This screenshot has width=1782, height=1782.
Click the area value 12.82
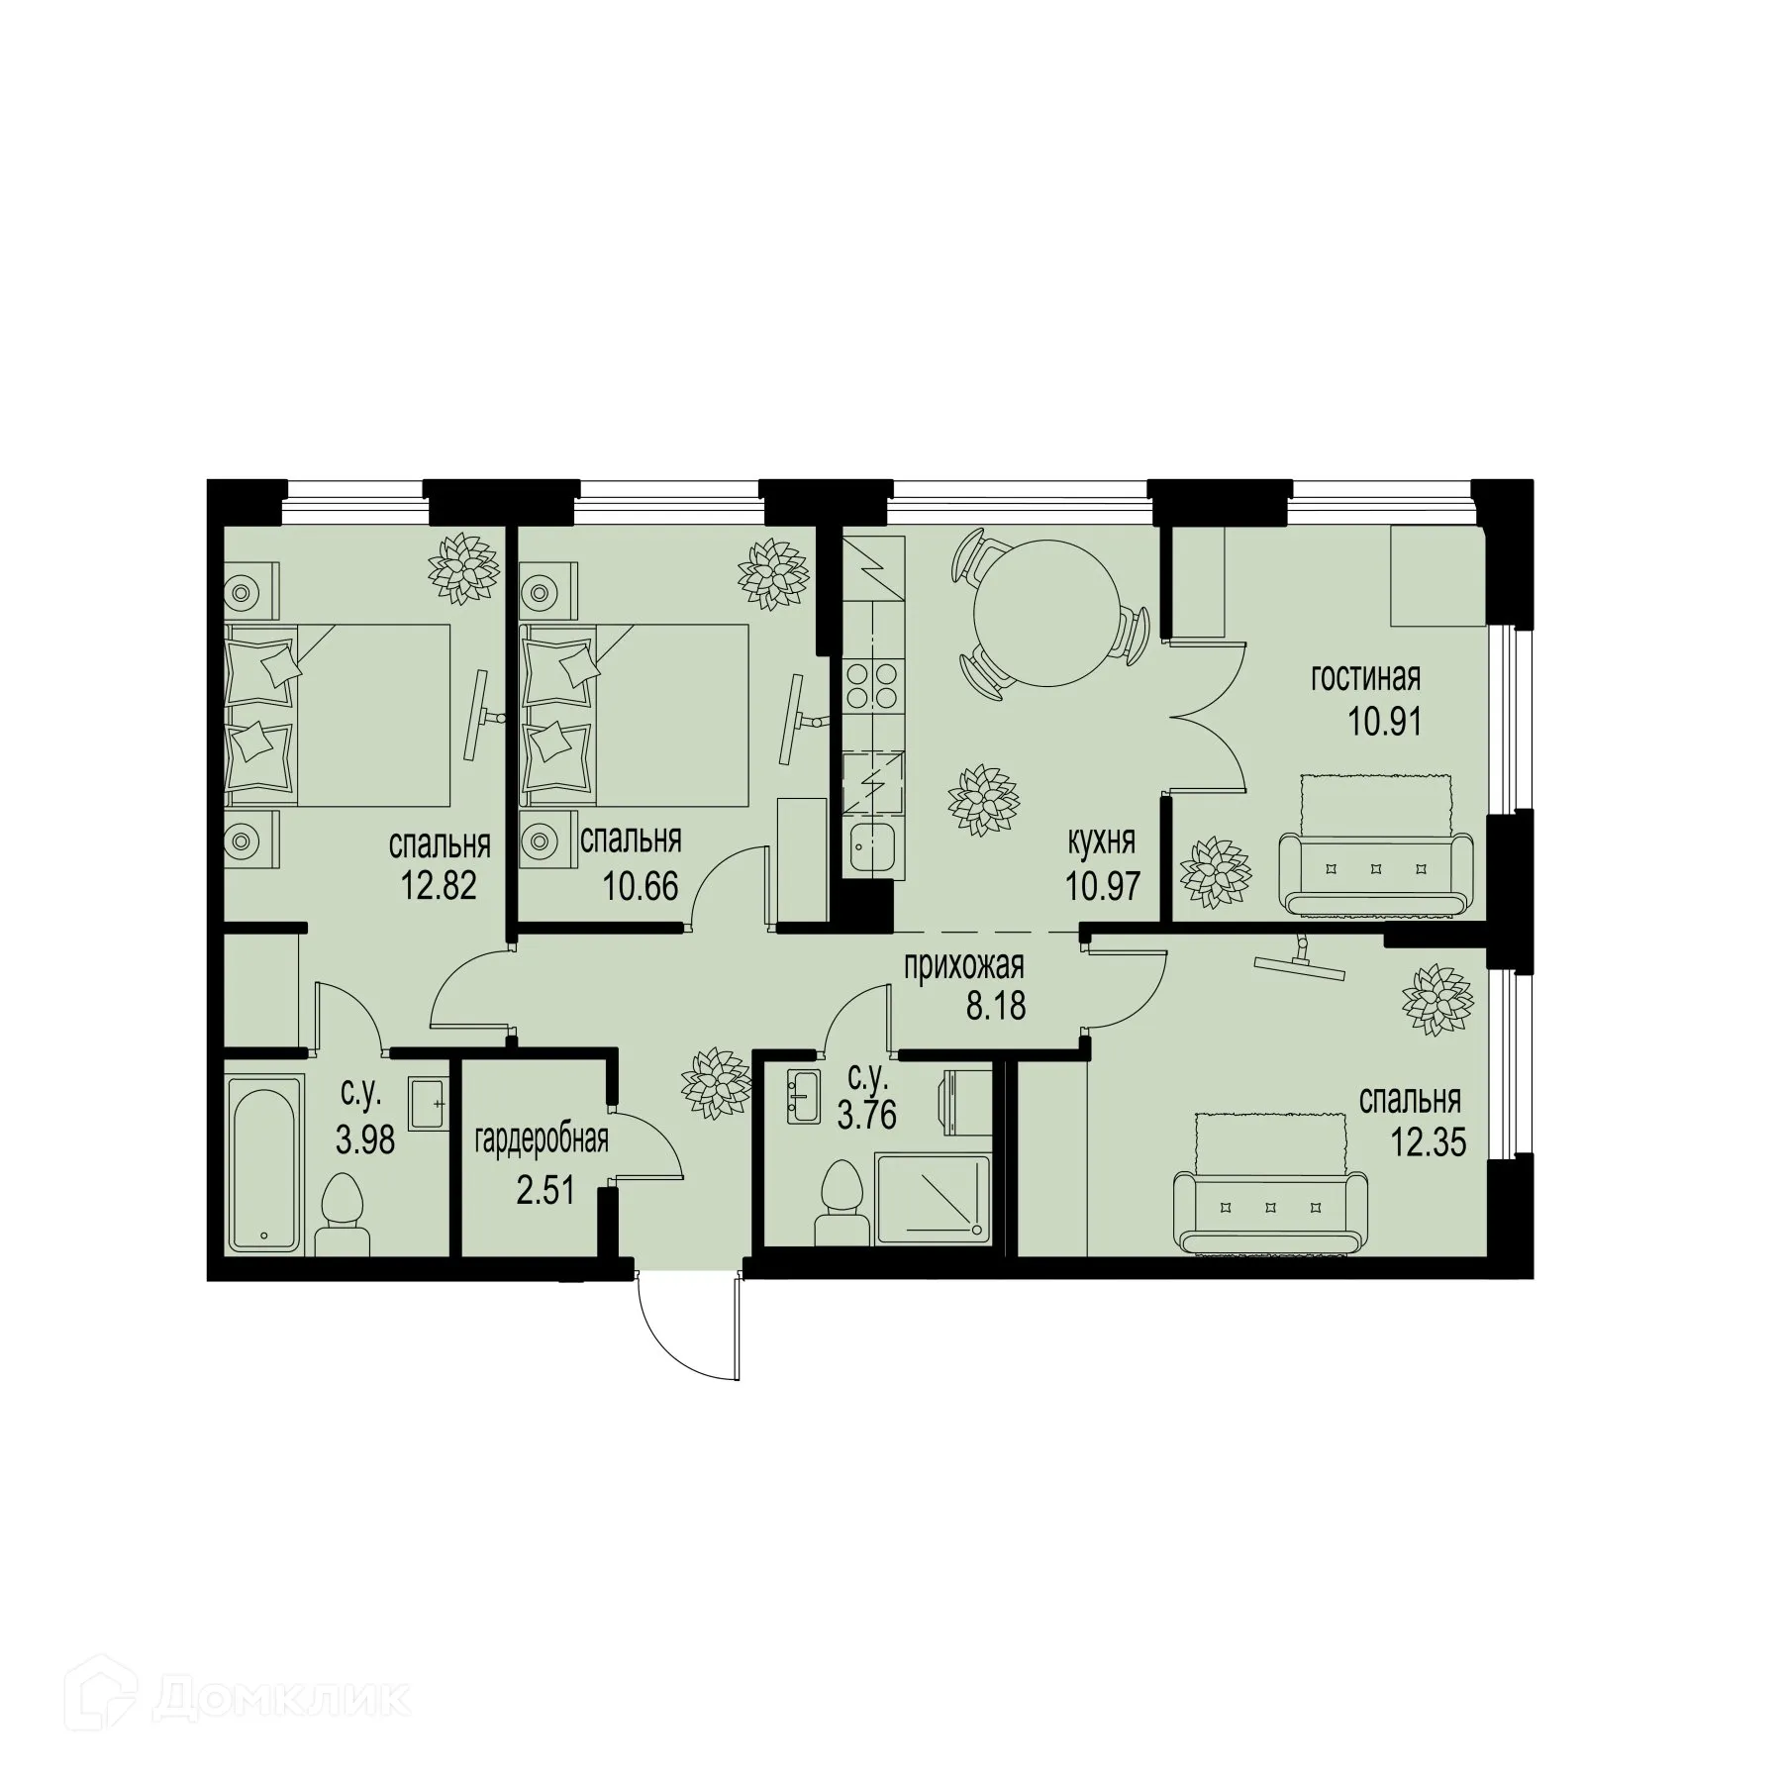(x=439, y=884)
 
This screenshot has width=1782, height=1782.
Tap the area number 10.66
(x=641, y=884)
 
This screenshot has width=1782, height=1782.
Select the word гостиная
(x=1365, y=678)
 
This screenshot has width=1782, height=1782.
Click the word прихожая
(x=963, y=963)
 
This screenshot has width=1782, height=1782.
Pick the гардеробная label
(x=541, y=1140)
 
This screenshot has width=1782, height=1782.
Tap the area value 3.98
(x=365, y=1140)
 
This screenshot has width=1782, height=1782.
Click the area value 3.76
(x=866, y=1115)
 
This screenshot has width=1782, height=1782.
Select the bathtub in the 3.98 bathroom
(x=263, y=1165)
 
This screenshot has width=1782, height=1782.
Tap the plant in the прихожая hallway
(x=714, y=1084)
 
